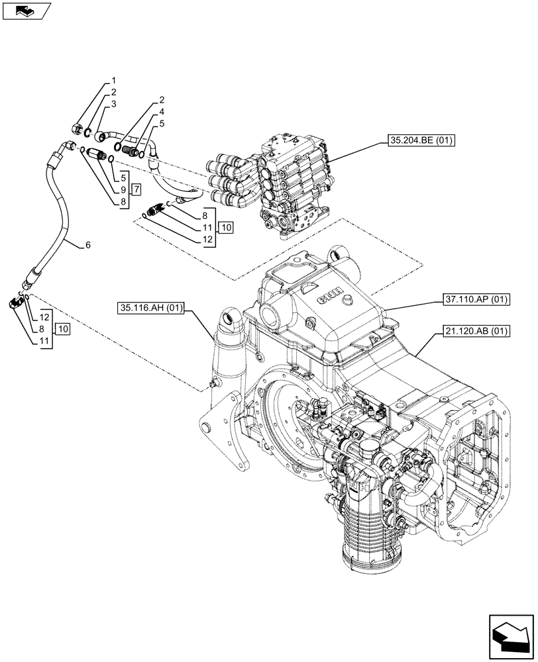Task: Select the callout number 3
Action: pos(114,104)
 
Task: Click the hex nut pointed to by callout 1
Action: pos(76,128)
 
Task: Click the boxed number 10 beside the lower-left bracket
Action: pos(62,328)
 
